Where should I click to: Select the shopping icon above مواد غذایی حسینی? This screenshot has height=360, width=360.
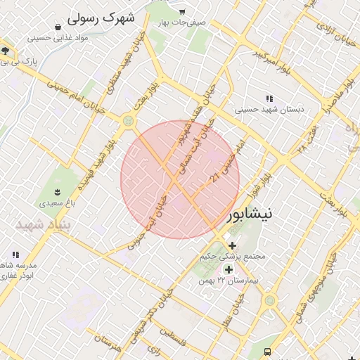pyautogui.click(x=56, y=27)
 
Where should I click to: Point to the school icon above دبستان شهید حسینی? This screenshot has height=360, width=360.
pyautogui.click(x=269, y=99)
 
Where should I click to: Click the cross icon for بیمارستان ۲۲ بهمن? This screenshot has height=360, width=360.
pyautogui.click(x=228, y=269)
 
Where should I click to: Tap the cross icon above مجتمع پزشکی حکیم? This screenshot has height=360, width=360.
pyautogui.click(x=232, y=245)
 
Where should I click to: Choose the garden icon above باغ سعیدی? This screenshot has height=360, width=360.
pyautogui.click(x=57, y=192)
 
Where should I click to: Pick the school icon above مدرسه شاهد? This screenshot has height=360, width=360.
pyautogui.click(x=15, y=255)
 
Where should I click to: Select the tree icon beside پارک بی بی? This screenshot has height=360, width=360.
pyautogui.click(x=6, y=51)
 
